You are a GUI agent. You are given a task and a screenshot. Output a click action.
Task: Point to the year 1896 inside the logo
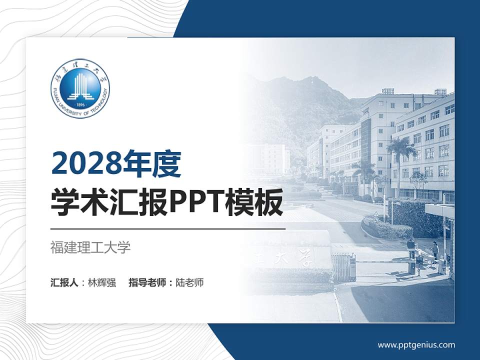click(80, 105)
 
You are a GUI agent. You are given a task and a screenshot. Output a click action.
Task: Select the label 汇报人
click(64, 282)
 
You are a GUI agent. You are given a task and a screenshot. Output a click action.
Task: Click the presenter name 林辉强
click(102, 282)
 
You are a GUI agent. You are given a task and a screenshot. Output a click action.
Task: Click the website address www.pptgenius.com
click(416, 344)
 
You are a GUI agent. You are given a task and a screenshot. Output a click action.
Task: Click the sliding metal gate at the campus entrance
click(344, 266)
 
